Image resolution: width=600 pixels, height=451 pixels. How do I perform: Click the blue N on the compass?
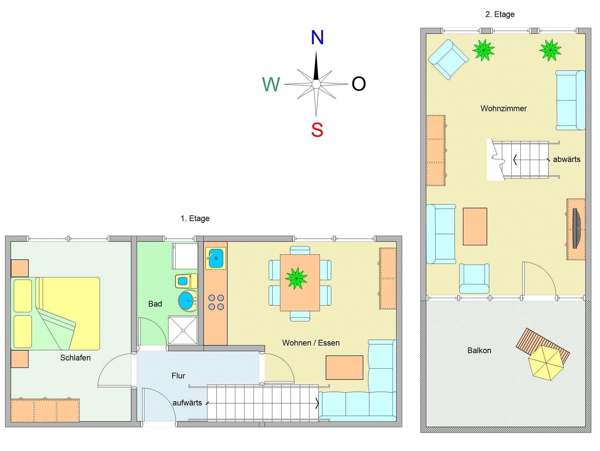pyautogui.click(x=317, y=38)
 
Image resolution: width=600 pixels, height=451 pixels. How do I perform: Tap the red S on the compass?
pyautogui.click(x=317, y=130)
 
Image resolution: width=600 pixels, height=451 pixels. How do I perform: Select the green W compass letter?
pyautogui.click(x=271, y=84)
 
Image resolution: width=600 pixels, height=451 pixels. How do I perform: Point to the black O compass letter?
pyautogui.click(x=359, y=84)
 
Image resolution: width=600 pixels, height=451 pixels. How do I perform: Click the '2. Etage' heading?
pyautogui.click(x=500, y=14)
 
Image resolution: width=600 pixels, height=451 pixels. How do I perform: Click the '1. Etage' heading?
pyautogui.click(x=195, y=218)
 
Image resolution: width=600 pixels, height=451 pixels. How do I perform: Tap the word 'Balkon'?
pyautogui.click(x=479, y=350)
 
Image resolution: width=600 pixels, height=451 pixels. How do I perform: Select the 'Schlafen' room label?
pyautogui.click(x=75, y=358)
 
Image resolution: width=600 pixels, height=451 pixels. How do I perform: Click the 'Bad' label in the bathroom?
pyautogui.click(x=155, y=304)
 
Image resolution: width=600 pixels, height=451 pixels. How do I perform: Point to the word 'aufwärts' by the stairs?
pyautogui.click(x=187, y=403)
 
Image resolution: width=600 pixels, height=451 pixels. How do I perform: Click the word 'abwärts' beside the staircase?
pyautogui.click(x=566, y=159)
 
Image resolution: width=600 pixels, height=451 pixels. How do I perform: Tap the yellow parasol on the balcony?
pyautogui.click(x=546, y=363)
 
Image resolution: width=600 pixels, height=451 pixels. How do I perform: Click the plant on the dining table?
pyautogui.click(x=296, y=278)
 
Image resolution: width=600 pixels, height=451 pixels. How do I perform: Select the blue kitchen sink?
pyautogui.click(x=216, y=258)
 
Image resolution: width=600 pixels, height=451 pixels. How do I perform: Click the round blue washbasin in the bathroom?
pyautogui.click(x=188, y=301)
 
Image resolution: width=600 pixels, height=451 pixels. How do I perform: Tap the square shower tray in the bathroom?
pyautogui.click(x=183, y=330)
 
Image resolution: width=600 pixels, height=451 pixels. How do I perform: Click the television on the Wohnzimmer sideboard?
pyautogui.click(x=576, y=228)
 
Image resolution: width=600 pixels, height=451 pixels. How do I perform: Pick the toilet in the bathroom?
pyautogui.click(x=186, y=281)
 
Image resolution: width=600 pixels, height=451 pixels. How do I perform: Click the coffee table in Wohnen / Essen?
pyautogui.click(x=344, y=367)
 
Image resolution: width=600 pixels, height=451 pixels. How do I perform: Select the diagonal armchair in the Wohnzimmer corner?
pyautogui.click(x=448, y=60)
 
